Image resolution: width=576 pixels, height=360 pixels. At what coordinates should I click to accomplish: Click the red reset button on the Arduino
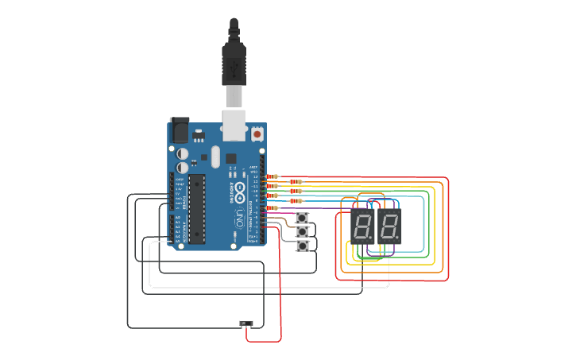257,134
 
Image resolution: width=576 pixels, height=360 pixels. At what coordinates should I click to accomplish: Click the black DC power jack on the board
180,130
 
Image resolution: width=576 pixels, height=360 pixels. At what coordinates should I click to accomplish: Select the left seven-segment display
362,226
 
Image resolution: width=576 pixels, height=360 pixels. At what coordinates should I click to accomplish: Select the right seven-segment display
389,226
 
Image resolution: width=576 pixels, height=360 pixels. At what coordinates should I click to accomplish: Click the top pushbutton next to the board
302,218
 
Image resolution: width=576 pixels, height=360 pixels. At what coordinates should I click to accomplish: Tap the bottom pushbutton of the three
302,246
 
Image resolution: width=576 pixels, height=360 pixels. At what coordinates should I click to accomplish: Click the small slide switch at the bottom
246,323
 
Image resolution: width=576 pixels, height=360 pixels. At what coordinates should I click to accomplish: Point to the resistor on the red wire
272,176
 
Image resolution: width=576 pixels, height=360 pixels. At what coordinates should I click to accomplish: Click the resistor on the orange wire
296,181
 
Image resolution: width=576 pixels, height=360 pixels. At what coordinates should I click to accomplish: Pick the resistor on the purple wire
272,207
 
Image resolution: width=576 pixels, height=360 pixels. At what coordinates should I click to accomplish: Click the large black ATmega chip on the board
196,209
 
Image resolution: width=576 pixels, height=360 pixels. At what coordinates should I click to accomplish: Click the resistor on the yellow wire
272,186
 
